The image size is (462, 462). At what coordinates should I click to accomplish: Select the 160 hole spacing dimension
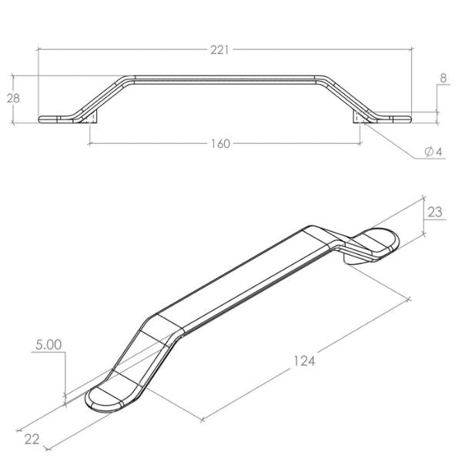(221, 144)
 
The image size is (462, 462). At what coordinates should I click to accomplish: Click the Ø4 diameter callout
(433, 152)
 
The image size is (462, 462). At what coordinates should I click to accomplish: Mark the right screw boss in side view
(359, 118)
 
